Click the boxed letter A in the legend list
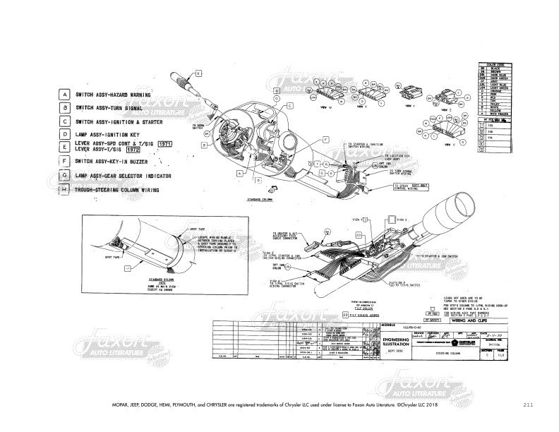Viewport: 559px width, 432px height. click(x=64, y=94)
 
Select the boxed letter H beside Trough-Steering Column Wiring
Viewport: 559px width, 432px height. click(x=64, y=190)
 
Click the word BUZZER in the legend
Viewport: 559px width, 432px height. click(x=155, y=162)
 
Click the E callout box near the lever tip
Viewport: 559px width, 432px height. click(x=199, y=73)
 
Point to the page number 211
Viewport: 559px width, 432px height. click(x=528, y=405)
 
